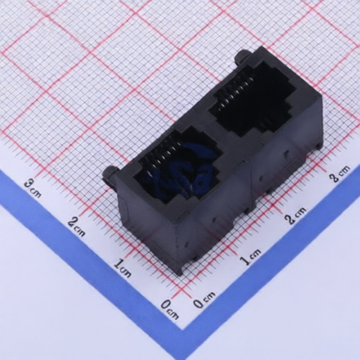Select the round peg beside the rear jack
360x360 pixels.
click(x=242, y=56)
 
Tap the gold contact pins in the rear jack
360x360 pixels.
click(x=236, y=88)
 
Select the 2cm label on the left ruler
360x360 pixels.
click(x=77, y=227)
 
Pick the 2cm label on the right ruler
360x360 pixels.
click(x=296, y=214)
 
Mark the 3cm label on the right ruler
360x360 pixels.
click(x=340, y=173)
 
